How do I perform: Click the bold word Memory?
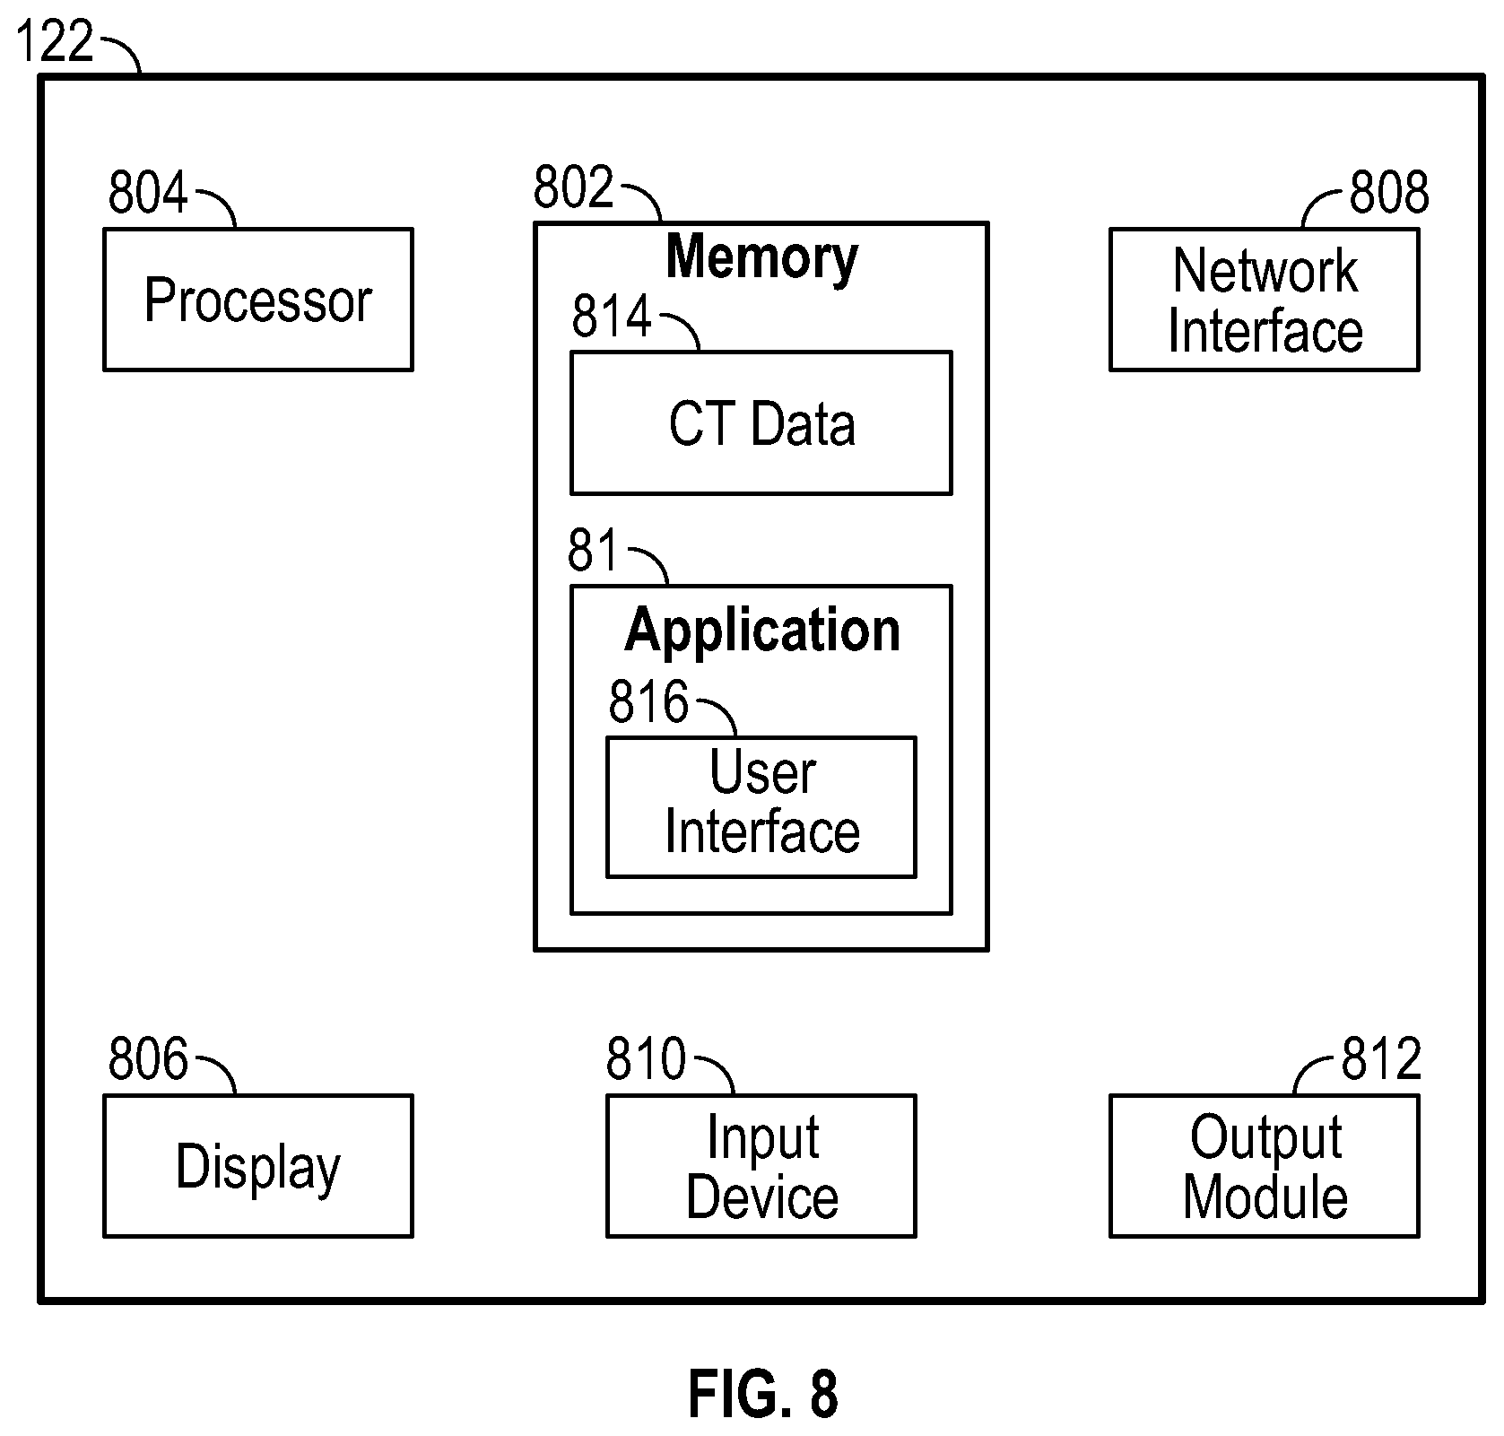[x=761, y=258]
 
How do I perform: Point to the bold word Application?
[x=761, y=631]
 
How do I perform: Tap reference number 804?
[x=148, y=192]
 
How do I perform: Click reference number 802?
[x=573, y=187]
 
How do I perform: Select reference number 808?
[x=1389, y=192]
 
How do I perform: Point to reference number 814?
[x=612, y=316]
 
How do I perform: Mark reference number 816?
[x=648, y=701]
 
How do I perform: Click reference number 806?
[x=148, y=1058]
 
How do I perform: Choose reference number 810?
[x=646, y=1058]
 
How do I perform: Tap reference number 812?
[x=1381, y=1058]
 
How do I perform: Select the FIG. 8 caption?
[x=763, y=1393]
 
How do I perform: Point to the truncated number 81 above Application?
[x=593, y=550]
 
